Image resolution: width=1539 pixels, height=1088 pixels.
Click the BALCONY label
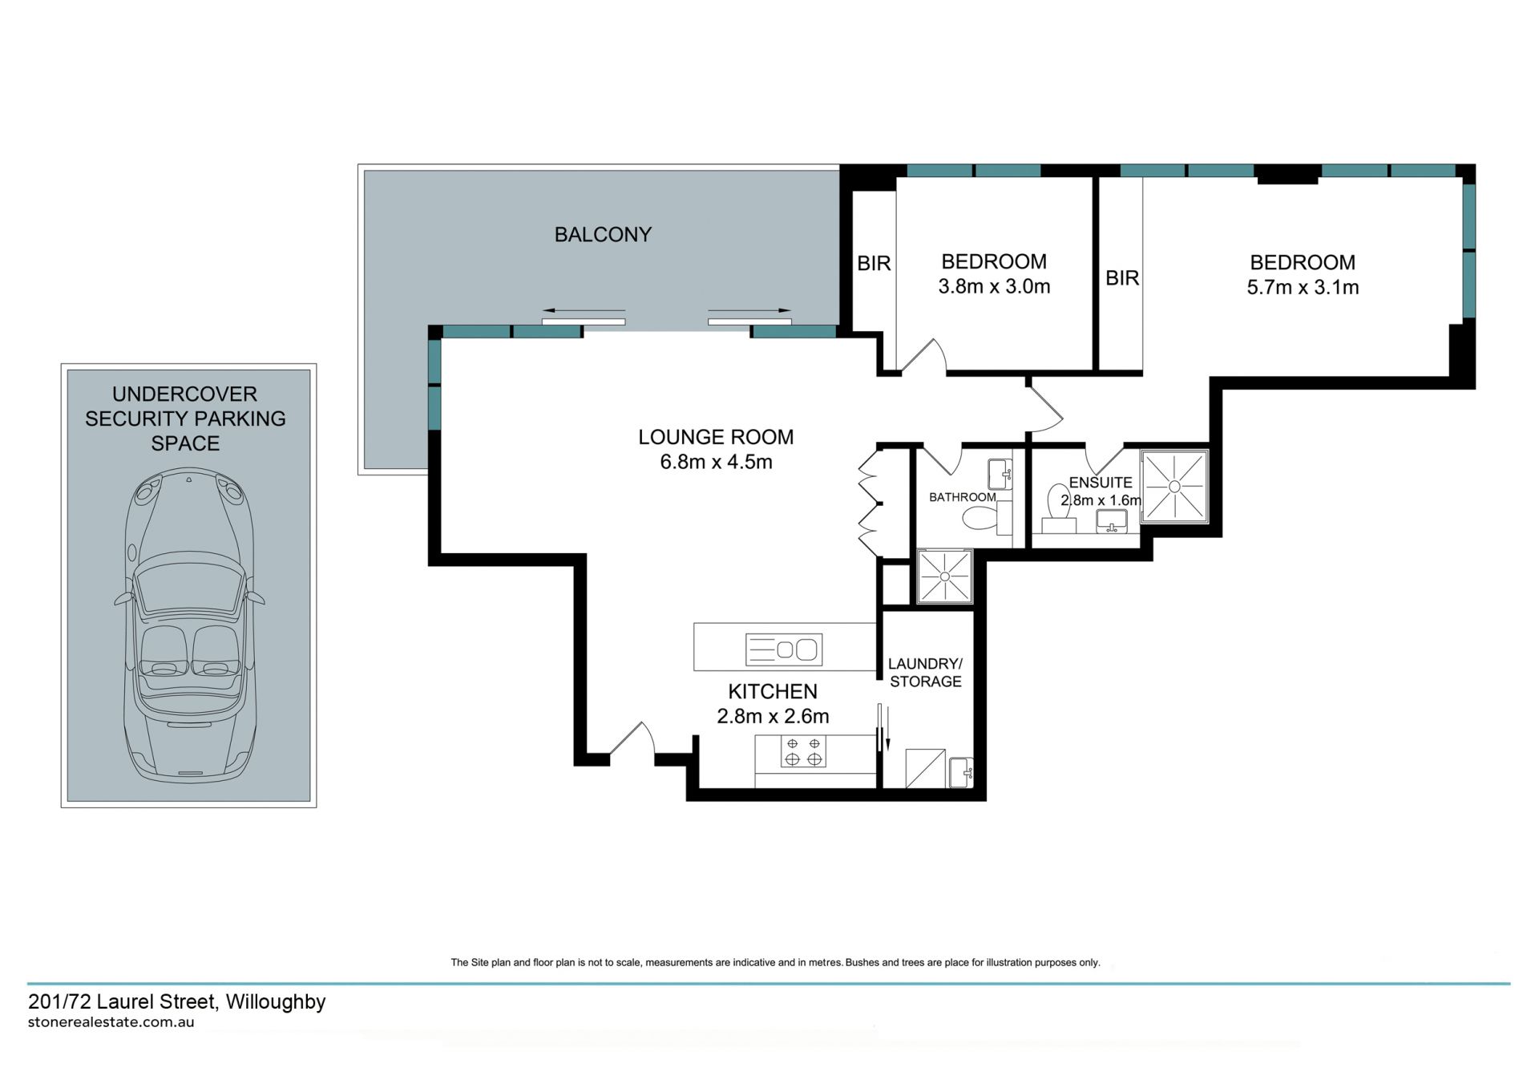coord(603,235)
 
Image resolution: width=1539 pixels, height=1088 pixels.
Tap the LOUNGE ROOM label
coord(716,437)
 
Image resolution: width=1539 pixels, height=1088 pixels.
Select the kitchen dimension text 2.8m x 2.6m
coord(773,716)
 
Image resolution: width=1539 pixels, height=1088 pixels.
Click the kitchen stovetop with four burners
coord(803,751)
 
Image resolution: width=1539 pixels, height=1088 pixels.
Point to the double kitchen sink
coord(784,649)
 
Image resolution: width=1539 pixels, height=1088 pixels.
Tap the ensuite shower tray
coord(1175,486)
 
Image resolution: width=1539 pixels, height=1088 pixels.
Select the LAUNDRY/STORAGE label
coord(926,673)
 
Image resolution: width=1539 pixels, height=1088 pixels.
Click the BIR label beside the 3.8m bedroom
coord(874,263)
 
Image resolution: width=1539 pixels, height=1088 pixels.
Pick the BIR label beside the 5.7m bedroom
coord(1122,278)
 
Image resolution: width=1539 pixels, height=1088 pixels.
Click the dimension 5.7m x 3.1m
coord(1303,287)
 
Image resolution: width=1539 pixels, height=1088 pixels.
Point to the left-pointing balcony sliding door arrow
coord(584,310)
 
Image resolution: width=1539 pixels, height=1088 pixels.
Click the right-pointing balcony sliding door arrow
coord(749,310)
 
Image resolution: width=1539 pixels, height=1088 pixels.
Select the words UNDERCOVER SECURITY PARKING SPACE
coord(185,419)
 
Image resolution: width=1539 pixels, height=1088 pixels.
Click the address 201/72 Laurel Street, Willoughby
coord(177,1002)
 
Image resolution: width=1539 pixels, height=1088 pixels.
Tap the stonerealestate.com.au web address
coord(111,1023)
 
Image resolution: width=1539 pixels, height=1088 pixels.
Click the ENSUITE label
coord(1101,483)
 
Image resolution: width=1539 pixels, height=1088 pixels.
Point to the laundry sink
coord(960,773)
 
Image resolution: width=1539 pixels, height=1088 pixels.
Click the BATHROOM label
coord(963,497)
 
